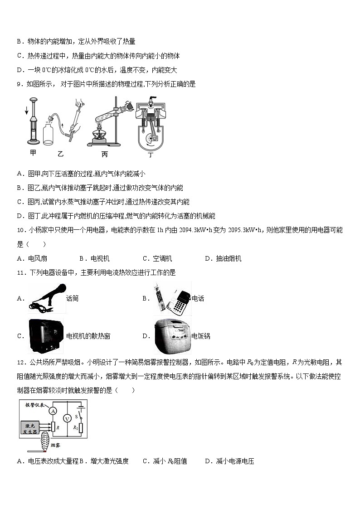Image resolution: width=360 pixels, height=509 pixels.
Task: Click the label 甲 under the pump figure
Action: click(33, 153)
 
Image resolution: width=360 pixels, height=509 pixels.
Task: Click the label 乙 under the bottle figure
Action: click(61, 154)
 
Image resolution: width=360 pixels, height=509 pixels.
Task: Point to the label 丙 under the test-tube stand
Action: click(105, 154)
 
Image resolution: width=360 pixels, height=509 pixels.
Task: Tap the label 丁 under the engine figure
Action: click(151, 155)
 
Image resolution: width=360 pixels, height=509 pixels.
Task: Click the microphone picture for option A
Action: click(47, 298)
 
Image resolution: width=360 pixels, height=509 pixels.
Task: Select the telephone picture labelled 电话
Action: click(172, 298)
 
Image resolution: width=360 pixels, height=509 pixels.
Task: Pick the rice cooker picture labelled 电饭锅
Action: click(171, 336)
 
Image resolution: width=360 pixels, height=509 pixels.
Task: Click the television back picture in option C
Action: click(47, 336)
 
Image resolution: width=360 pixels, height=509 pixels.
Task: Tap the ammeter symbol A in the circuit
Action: click(53, 411)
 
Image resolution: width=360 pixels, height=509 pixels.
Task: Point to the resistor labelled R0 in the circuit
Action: click(81, 428)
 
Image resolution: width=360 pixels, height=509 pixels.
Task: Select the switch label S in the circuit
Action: click(76, 415)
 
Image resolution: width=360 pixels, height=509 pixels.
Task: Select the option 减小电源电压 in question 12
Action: click(235, 461)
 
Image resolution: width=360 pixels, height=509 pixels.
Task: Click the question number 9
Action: click(19, 84)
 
